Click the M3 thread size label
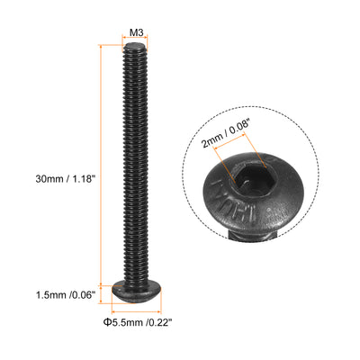[x=136, y=32]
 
